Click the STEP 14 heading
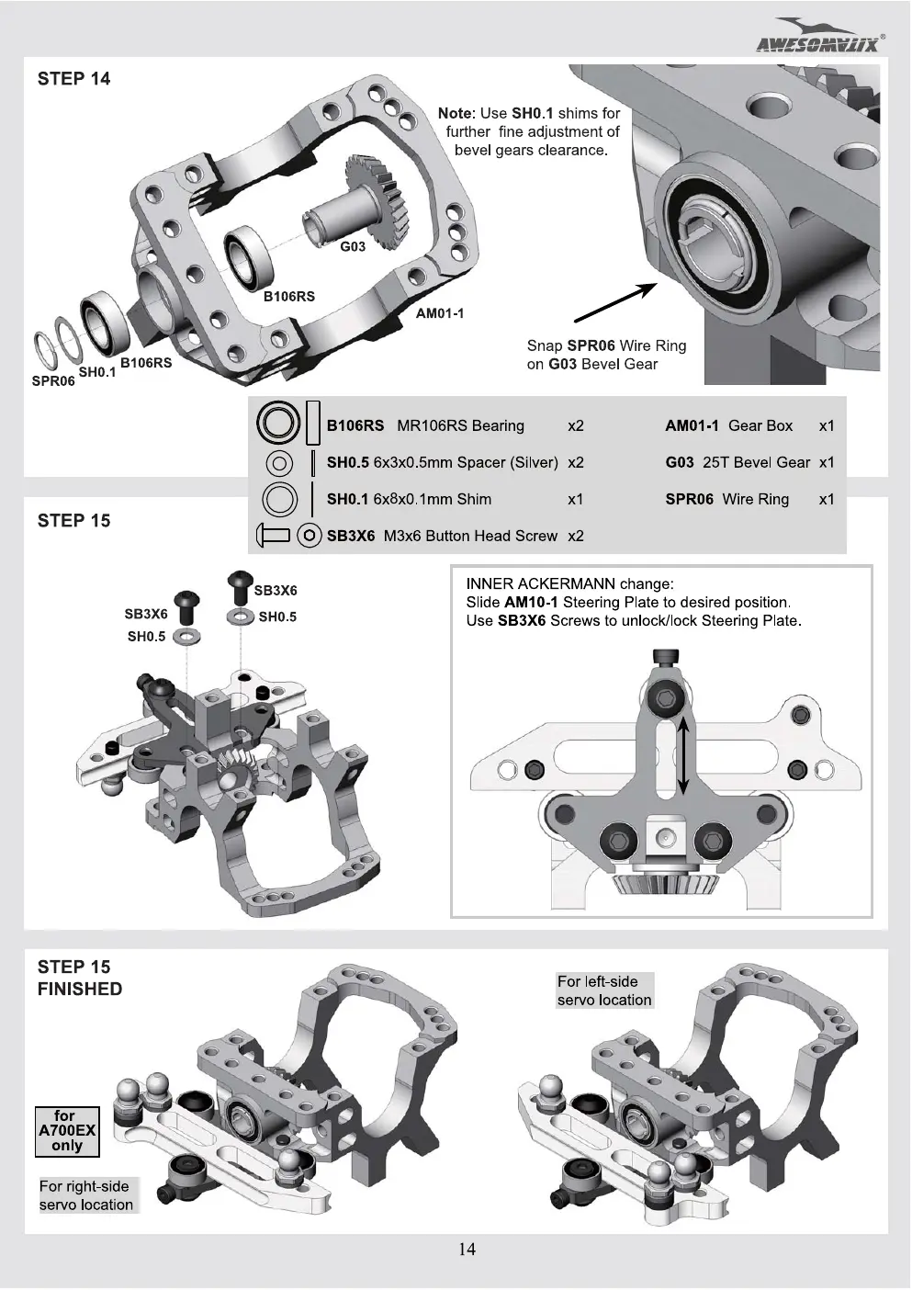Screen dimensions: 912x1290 [x=73, y=78]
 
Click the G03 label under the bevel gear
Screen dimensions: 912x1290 [x=353, y=246]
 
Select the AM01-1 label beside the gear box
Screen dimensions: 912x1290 [x=440, y=313]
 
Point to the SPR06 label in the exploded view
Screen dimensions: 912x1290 [x=53, y=381]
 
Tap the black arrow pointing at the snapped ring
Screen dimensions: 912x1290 [x=615, y=302]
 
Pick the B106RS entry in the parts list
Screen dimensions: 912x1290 [x=355, y=425]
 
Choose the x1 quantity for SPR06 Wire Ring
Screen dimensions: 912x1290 [x=827, y=499]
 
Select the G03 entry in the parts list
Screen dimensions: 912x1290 [x=680, y=462]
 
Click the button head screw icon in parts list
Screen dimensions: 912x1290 [x=273, y=536]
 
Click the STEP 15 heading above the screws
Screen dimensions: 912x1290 [x=73, y=521]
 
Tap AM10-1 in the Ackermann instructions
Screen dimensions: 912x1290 [x=531, y=603]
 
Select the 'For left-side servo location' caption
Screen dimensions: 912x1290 [x=604, y=990]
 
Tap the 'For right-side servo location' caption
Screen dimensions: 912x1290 [x=86, y=1195]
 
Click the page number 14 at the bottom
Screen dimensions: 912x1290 [x=467, y=1249]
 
